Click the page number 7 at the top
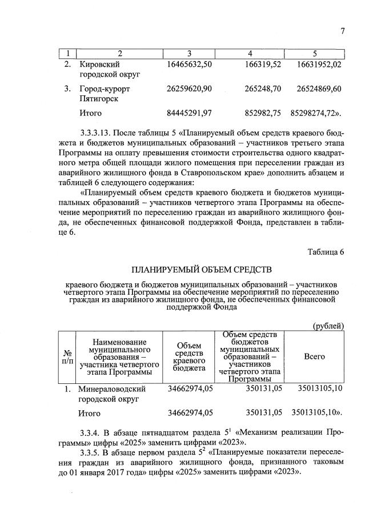(x=342, y=31)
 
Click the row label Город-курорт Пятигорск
(x=105, y=94)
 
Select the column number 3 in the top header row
(x=188, y=54)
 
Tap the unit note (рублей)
(x=327, y=326)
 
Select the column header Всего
(x=314, y=356)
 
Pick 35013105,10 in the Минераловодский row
(x=319, y=389)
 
